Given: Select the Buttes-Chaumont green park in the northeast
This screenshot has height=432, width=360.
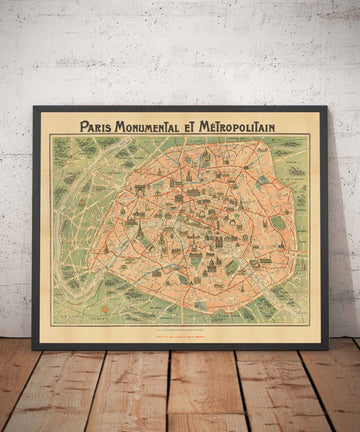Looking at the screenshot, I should tap(262, 181).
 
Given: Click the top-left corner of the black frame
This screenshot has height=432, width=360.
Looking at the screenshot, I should tap(34, 107).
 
